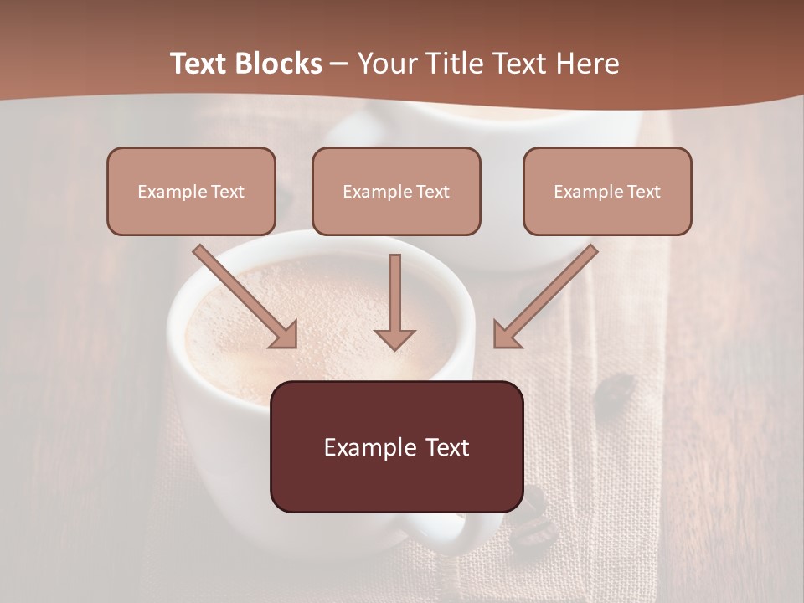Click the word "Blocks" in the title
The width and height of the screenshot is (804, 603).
click(281, 64)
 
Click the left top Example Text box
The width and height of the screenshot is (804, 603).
click(191, 191)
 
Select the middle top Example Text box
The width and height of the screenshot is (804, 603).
click(396, 191)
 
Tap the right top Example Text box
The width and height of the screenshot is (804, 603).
click(607, 191)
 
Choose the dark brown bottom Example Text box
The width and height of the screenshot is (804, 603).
click(396, 446)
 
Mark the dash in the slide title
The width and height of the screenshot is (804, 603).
click(339, 64)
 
